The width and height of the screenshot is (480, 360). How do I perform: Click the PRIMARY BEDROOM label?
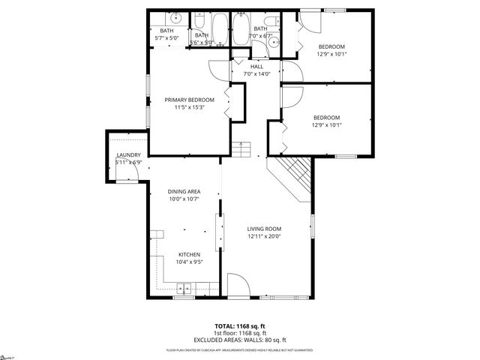click(189, 100)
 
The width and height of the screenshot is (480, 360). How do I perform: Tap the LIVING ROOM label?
click(264, 229)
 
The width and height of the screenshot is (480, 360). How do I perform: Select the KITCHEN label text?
click(188, 255)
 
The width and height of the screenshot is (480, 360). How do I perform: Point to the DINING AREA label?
click(184, 191)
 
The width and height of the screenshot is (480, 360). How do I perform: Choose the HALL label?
click(256, 67)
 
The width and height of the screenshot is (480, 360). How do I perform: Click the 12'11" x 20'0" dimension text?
click(264, 237)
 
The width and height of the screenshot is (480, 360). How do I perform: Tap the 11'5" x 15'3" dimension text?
click(189, 108)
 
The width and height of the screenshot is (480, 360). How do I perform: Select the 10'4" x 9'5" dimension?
click(188, 262)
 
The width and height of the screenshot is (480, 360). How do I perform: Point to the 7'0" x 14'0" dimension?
click(256, 73)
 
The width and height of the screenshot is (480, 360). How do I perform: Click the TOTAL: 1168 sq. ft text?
click(240, 326)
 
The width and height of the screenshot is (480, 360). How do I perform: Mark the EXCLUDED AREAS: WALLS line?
click(240, 340)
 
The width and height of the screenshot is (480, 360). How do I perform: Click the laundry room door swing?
click(127, 172)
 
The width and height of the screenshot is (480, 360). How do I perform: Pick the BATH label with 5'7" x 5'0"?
click(166, 30)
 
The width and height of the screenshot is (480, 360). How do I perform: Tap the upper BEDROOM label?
click(331, 46)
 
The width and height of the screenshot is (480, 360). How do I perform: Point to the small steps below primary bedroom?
click(241, 149)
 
